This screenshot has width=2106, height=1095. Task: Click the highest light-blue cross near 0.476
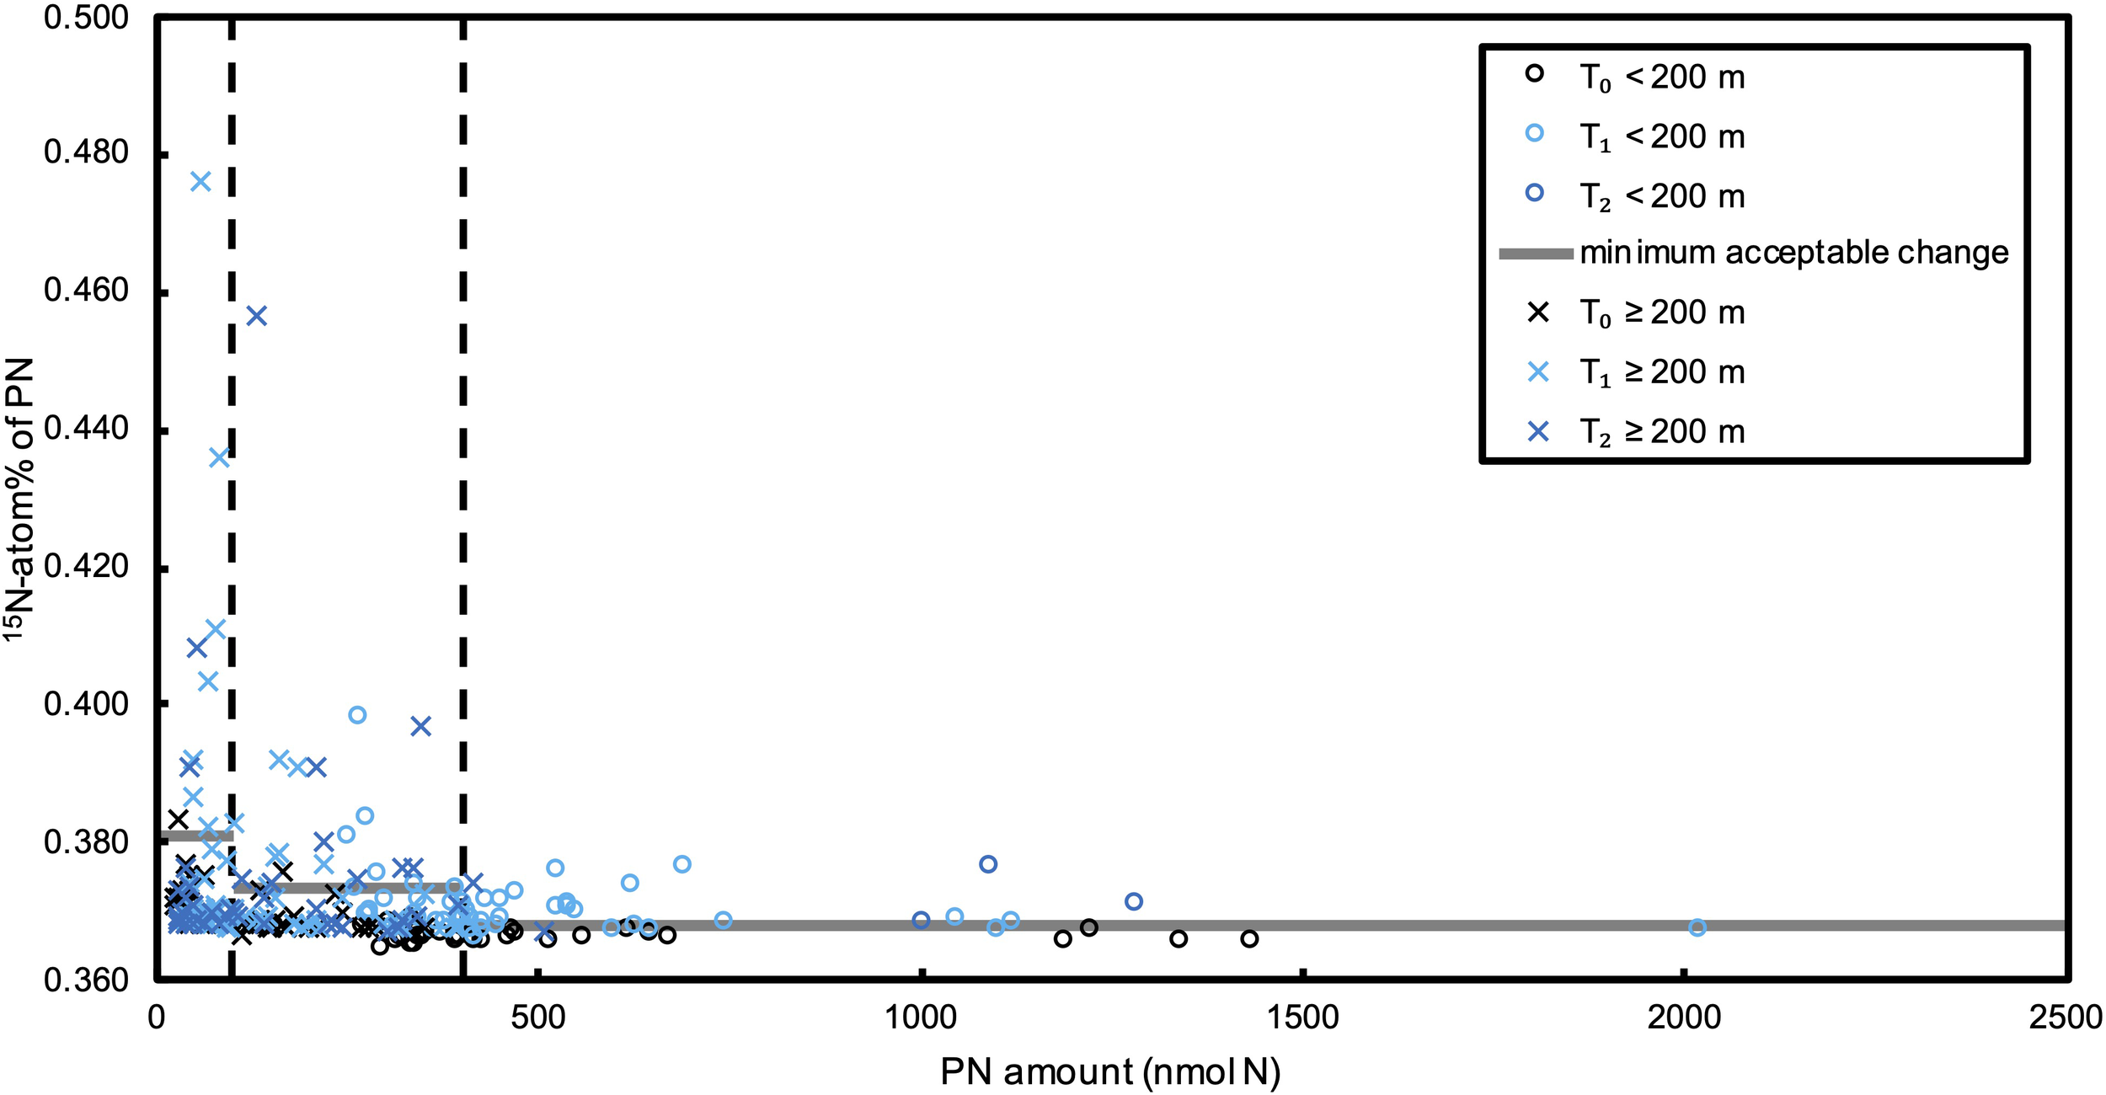[200, 182]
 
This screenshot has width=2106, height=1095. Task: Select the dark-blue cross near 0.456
[257, 316]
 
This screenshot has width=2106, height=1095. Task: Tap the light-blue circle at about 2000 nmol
[1697, 927]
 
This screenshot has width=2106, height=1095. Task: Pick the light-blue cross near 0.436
[219, 458]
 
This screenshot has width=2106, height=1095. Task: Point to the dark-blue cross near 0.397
[421, 726]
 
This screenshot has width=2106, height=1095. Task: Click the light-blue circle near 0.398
[357, 715]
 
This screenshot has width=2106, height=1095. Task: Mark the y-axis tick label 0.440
[86, 429]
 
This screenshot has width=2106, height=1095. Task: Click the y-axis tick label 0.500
[86, 18]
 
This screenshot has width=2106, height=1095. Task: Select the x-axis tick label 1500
[1302, 1018]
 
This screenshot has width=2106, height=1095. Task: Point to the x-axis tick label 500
[538, 1018]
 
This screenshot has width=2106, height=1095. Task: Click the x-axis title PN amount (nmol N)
[1110, 1072]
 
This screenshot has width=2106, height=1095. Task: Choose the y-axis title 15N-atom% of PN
[19, 499]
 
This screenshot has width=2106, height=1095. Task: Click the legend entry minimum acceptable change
[1793, 253]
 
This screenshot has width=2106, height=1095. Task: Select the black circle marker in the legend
[1535, 73]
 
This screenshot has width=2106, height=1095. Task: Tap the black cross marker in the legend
[1538, 312]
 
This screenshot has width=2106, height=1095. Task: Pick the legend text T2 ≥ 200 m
[1661, 432]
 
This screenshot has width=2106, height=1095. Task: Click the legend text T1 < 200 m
[1661, 136]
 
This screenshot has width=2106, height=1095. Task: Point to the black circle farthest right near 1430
[1249, 938]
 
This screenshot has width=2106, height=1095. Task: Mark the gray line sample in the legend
[1536, 254]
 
